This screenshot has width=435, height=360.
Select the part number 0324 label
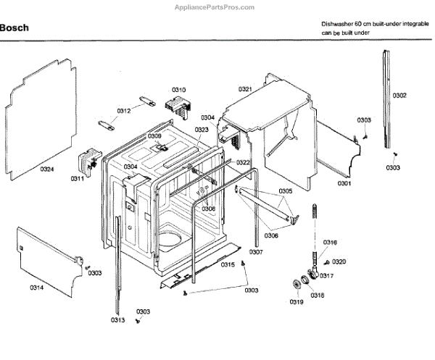point(46,169)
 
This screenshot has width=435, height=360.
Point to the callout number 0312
point(124,111)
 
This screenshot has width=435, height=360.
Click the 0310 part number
point(178,90)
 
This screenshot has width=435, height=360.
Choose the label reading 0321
point(245,89)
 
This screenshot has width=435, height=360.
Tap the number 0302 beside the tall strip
point(399,96)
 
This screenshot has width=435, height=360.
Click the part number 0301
point(344,183)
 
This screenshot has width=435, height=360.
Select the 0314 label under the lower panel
point(36,288)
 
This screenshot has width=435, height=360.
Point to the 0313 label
point(117,320)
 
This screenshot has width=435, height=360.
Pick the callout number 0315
point(228,265)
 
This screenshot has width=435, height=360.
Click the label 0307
point(256,251)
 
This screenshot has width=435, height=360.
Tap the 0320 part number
point(339,261)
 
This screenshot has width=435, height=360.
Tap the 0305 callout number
point(285,191)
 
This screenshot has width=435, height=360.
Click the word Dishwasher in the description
point(339,24)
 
